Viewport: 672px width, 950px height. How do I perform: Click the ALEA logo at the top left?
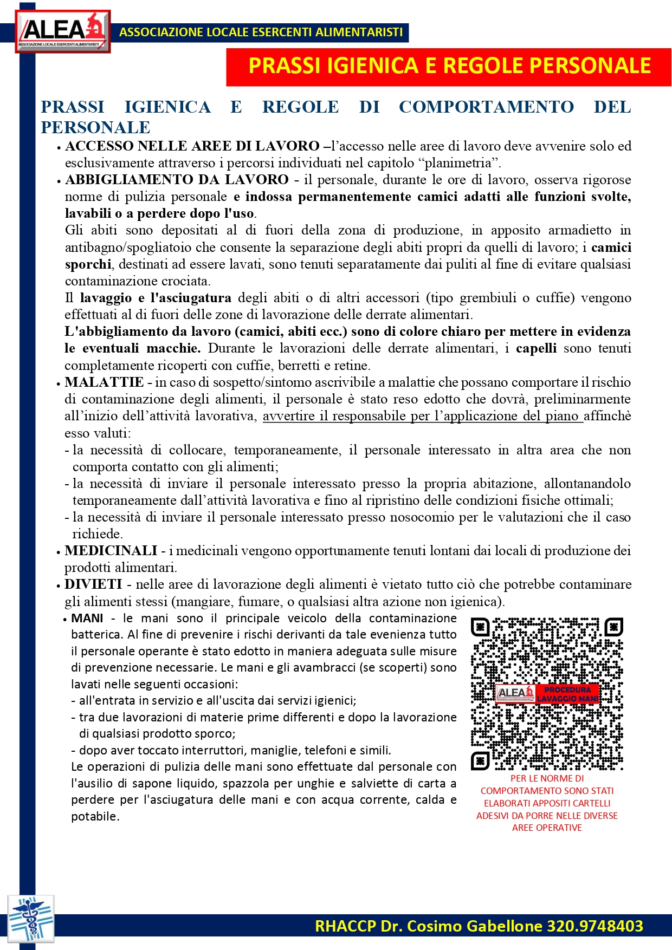pyautogui.click(x=62, y=31)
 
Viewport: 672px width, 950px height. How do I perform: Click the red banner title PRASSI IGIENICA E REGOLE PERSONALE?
pyautogui.click(x=449, y=66)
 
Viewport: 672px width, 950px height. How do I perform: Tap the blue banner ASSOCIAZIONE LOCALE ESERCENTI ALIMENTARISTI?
pyautogui.click(x=261, y=32)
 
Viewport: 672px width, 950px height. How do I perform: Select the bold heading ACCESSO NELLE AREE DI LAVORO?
pyautogui.click(x=192, y=146)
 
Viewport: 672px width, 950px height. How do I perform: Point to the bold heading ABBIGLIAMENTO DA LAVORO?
pyautogui.click(x=177, y=180)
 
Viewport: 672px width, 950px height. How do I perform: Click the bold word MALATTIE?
pyautogui.click(x=104, y=382)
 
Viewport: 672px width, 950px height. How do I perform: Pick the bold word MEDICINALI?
pyautogui.click(x=111, y=551)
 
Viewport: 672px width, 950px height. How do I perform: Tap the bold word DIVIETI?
pyautogui.click(x=93, y=584)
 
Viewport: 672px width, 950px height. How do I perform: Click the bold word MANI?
pyautogui.click(x=87, y=619)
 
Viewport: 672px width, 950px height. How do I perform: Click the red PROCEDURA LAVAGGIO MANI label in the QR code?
pyautogui.click(x=567, y=694)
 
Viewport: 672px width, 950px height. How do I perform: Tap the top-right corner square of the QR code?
pyautogui.click(x=613, y=627)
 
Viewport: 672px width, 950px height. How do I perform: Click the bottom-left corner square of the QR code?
pyautogui.click(x=480, y=760)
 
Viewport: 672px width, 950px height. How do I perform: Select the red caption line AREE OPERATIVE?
pyautogui.click(x=547, y=828)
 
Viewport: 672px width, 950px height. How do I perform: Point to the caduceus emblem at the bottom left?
pyautogui.click(x=31, y=918)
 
